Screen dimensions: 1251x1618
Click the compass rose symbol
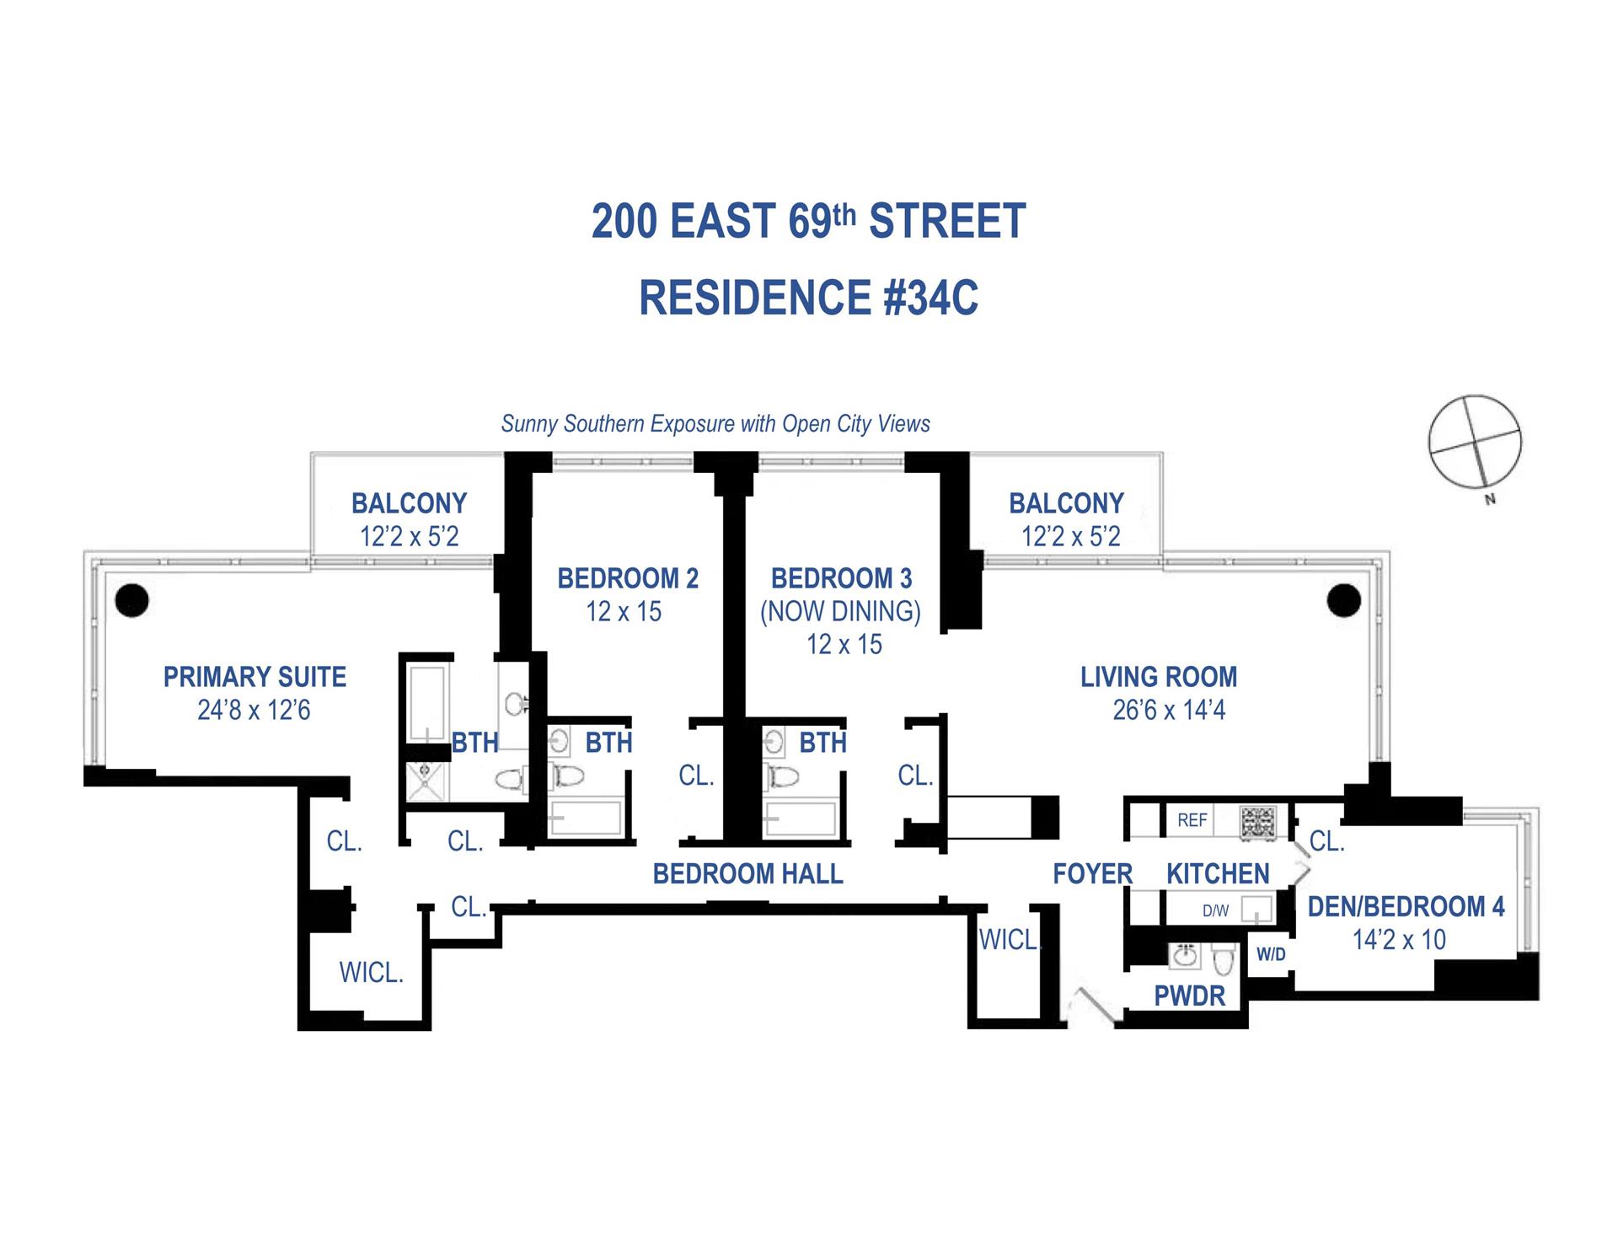pos(1475,441)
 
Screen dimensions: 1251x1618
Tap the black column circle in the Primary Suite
pos(131,600)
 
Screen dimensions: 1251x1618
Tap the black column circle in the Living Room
pos(1343,601)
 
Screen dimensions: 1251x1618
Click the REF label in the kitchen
pos(1192,820)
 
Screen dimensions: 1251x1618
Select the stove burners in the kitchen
pos(1257,822)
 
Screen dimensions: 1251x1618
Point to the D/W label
pos(1215,910)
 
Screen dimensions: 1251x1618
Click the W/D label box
pos(1271,954)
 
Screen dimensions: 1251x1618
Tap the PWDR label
pos(1189,996)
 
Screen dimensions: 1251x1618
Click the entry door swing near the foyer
pos(1092,1007)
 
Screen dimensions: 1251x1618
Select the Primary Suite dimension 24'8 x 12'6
pos(254,710)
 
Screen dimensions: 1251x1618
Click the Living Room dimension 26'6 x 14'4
pos(1168,710)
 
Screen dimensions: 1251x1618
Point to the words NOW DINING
pos(840,611)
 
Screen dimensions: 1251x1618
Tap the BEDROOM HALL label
pos(747,873)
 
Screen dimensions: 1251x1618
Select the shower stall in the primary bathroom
pos(426,781)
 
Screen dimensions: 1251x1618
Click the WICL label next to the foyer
pos(1009,939)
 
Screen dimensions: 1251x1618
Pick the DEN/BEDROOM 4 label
pos(1406,906)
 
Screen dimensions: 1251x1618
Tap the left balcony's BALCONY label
pos(409,503)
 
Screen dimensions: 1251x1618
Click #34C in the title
pos(930,298)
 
